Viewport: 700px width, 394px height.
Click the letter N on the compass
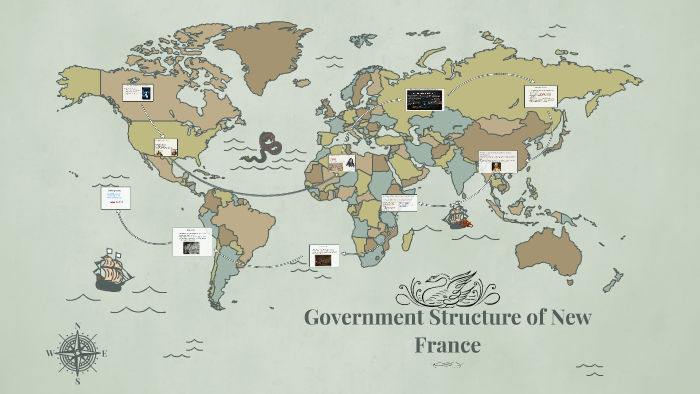[x=78, y=325]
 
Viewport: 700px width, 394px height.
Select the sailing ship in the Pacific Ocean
[x=113, y=268]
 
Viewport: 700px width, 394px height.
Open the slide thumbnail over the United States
[x=165, y=147]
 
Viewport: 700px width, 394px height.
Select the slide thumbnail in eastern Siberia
[x=540, y=96]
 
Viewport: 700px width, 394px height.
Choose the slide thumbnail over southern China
[x=497, y=161]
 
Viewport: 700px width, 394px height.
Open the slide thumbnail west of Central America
[x=116, y=198]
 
